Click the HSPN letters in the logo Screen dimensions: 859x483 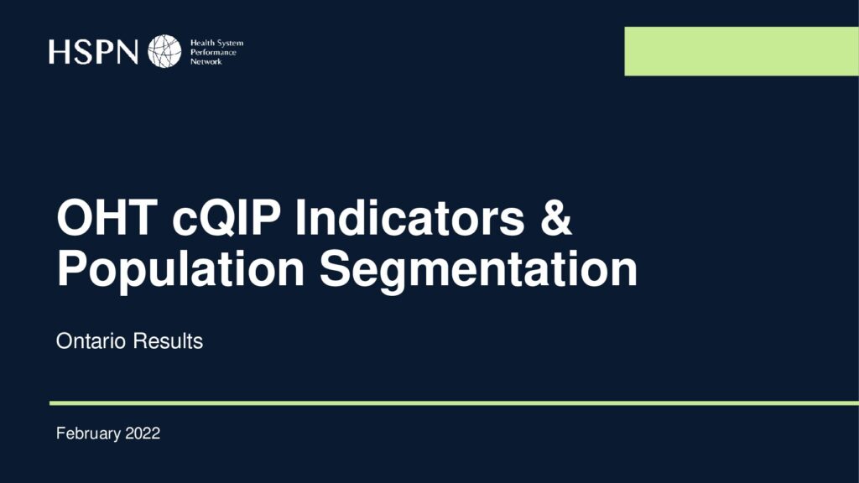coord(93,51)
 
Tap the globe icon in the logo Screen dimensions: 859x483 coord(164,51)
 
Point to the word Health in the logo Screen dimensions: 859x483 coord(202,43)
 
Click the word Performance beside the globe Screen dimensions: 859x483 coord(213,53)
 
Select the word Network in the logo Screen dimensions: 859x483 coord(206,62)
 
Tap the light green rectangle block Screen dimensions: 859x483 coord(742,51)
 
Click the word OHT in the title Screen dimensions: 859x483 coord(107,217)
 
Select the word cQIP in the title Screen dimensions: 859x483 coord(226,219)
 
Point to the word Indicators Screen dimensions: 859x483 coord(409,217)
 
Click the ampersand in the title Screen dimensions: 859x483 coord(556,217)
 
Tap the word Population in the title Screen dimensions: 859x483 coord(181,269)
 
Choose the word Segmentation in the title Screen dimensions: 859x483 coord(479,269)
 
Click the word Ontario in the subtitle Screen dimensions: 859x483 coord(91,341)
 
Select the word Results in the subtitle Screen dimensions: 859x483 coord(168,341)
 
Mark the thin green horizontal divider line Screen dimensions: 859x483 coord(454,403)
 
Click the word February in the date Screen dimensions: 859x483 coord(88,434)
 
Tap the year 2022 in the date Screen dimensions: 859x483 coord(143,434)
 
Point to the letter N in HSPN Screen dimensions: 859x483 coord(127,52)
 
